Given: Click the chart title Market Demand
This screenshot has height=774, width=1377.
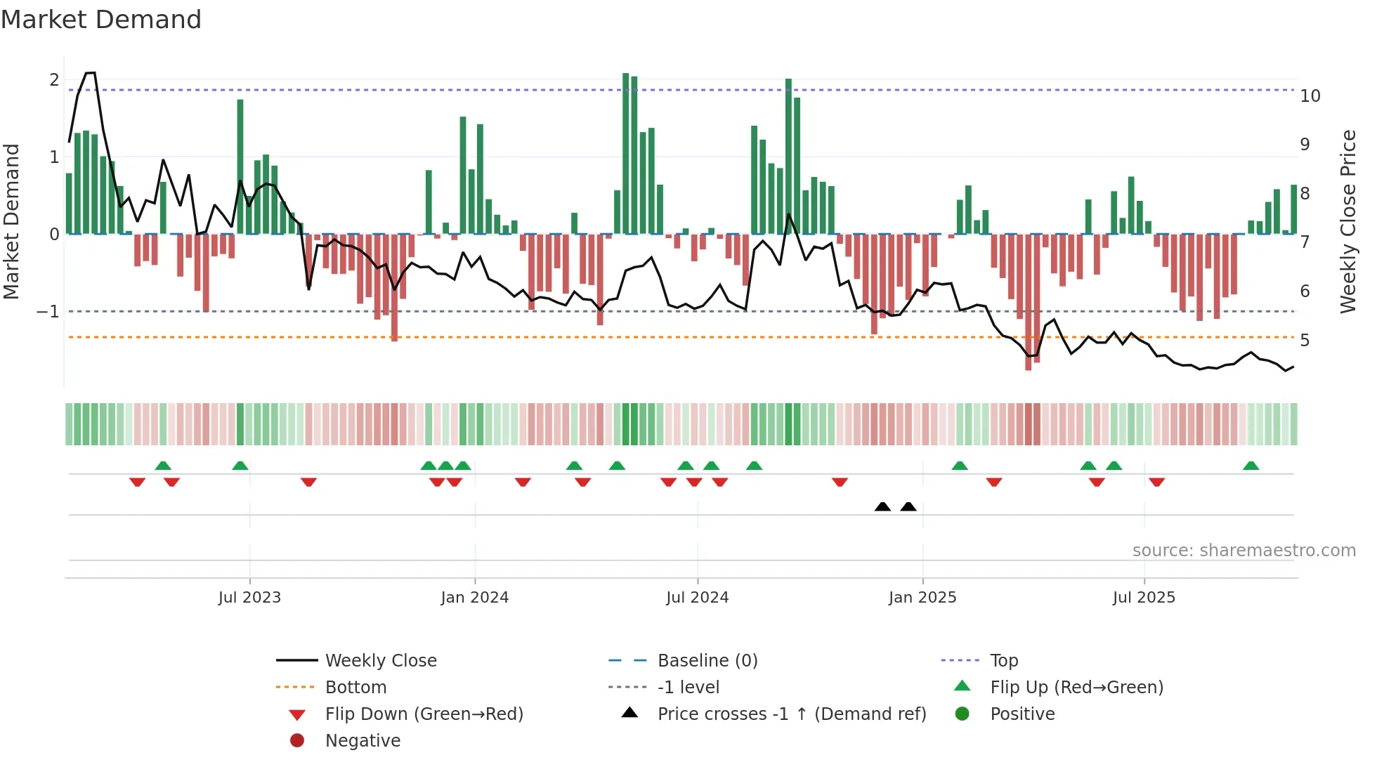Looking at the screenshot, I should click(101, 20).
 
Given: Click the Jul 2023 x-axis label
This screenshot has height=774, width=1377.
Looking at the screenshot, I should click(249, 598).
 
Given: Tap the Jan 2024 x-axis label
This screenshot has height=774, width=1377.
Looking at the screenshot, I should click(474, 598).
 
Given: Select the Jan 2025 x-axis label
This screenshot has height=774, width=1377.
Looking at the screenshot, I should click(922, 598).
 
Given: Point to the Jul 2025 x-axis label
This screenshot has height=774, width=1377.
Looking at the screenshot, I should click(1144, 598).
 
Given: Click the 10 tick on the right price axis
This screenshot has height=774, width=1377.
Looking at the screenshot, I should click(1310, 96).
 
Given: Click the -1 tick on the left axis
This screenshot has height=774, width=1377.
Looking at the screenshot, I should click(48, 311).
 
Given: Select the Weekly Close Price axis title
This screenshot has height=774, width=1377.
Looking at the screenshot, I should click(1347, 221).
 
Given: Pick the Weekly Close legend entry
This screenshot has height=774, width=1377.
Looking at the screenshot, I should click(380, 661).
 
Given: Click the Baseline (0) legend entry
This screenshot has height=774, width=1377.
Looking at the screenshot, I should click(707, 661).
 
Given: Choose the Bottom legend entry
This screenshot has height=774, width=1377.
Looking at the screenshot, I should click(355, 688).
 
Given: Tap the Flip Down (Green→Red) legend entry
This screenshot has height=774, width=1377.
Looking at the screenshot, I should click(424, 714).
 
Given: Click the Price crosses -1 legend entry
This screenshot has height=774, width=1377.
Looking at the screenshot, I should click(791, 714).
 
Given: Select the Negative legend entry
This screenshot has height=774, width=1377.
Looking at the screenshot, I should click(363, 741).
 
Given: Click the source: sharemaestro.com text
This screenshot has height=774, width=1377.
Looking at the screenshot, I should click(1244, 551).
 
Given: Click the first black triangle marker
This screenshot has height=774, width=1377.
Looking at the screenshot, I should click(882, 506).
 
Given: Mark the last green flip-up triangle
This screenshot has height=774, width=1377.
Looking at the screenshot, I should click(1251, 466).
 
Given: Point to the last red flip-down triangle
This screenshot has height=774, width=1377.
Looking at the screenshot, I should click(1156, 482).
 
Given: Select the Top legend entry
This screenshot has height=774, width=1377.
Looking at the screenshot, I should click(1003, 661).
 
